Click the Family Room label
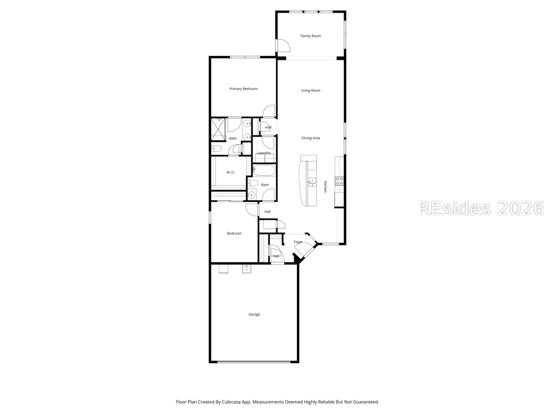(310, 35)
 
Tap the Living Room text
(310, 90)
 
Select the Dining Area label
(310, 138)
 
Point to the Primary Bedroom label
(243, 89)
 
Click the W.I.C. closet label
(231, 173)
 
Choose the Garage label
(254, 314)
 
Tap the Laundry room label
(264, 153)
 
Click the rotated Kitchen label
(325, 186)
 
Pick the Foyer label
(298, 242)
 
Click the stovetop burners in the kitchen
(340, 181)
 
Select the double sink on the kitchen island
(312, 182)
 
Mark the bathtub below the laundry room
(264, 170)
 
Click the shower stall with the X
(218, 129)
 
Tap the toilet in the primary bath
(216, 148)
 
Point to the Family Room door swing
(283, 45)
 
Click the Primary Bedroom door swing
(269, 111)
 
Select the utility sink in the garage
(247, 269)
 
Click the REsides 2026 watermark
(481, 209)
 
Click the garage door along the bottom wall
(254, 362)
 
